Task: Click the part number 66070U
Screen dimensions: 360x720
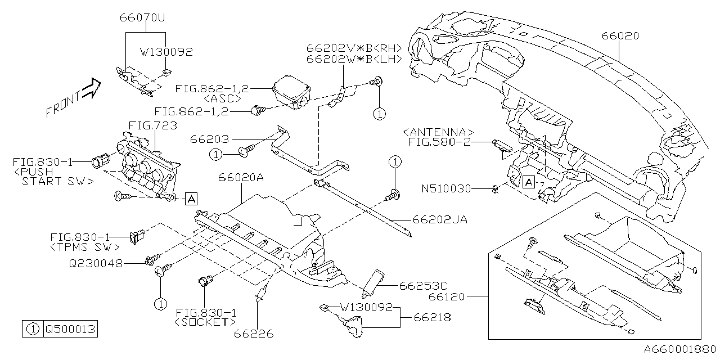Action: click(x=142, y=17)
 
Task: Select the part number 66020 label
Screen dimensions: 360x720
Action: click(x=620, y=36)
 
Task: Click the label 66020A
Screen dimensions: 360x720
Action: click(x=241, y=178)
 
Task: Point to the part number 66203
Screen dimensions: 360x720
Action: click(x=210, y=138)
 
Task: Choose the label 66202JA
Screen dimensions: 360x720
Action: click(x=440, y=220)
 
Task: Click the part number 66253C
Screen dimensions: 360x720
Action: click(x=422, y=286)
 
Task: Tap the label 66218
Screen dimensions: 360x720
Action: click(x=432, y=318)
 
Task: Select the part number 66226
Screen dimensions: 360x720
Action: click(x=254, y=334)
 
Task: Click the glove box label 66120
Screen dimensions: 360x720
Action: click(x=449, y=295)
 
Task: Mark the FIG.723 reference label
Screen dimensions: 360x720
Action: click(x=152, y=125)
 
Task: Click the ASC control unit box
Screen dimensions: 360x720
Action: click(x=291, y=92)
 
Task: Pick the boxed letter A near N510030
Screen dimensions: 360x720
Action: click(x=528, y=182)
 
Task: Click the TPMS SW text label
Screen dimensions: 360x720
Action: click(x=85, y=247)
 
